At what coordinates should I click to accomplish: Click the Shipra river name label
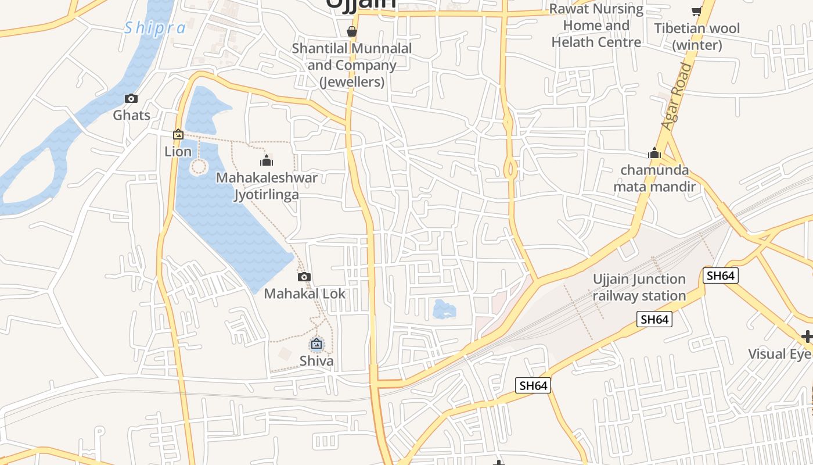pos(155,27)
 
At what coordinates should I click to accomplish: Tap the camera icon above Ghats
pos(131,99)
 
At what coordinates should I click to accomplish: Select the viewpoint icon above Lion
pos(178,135)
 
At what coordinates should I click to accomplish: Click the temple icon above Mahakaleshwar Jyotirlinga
pos(267,160)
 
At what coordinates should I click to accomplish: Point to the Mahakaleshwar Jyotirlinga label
pos(267,185)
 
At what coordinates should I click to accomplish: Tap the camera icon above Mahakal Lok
pos(304,277)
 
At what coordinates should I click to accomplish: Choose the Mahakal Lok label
pos(304,294)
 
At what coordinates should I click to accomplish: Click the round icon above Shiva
pos(316,344)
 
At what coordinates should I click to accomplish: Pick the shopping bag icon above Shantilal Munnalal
pos(351,31)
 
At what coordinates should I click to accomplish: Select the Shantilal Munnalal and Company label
pos(351,65)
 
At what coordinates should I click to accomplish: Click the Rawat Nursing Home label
pos(596,26)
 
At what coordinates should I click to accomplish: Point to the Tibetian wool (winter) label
pos(697,37)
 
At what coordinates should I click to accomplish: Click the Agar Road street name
pos(678,96)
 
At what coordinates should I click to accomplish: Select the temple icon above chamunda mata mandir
pos(654,153)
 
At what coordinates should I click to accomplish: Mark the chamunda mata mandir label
pos(654,178)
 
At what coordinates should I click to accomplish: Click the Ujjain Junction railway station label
pos(639,287)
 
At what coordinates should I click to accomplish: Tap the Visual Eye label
pos(779,353)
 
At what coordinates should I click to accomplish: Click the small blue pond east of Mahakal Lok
pos(444,309)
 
